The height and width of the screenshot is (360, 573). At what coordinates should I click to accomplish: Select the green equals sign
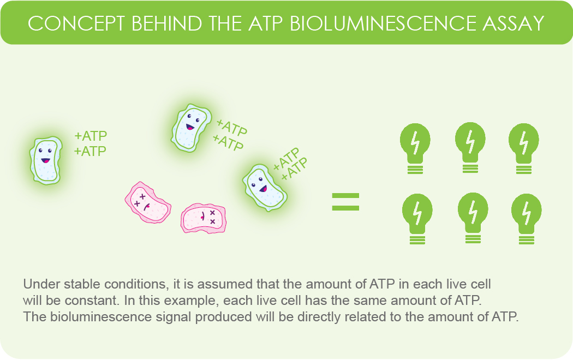[x=346, y=201]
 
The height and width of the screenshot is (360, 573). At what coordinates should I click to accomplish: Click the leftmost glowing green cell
[x=45, y=160]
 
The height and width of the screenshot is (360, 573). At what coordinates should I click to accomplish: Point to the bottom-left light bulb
[x=417, y=215]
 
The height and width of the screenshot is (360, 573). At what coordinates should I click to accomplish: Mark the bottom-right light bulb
[x=526, y=215]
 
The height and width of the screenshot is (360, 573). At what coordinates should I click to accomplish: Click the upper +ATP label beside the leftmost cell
[x=91, y=136]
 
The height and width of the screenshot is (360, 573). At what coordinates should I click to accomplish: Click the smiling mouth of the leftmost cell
[x=45, y=161]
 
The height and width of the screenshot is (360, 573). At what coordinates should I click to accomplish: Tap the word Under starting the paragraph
[x=39, y=285]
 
